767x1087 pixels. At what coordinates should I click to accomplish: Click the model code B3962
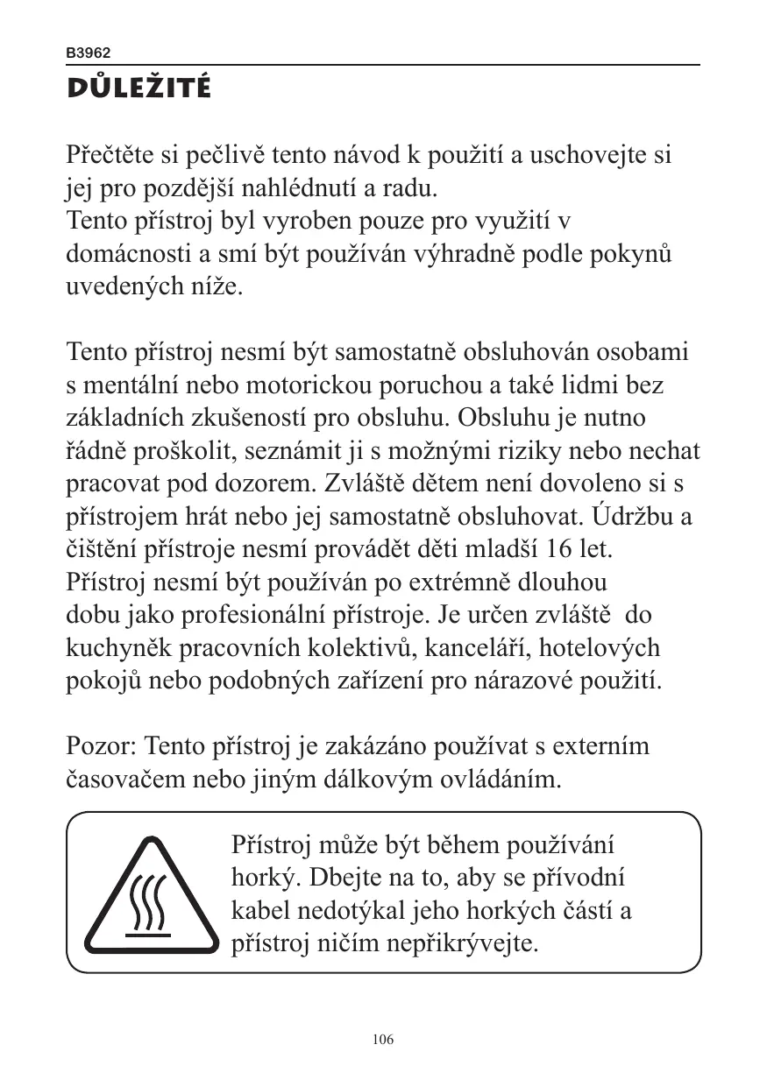(x=89, y=53)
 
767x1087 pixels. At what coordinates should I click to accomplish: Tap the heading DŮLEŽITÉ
(x=138, y=89)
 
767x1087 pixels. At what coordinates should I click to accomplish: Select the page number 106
(x=383, y=1040)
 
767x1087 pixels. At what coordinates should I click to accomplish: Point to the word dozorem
(x=273, y=484)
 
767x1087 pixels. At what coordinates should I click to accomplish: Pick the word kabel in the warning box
(x=258, y=912)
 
